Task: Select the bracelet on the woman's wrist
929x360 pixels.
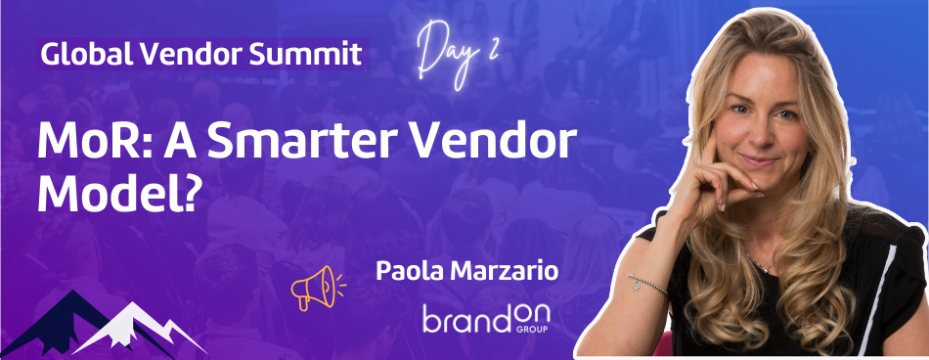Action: click(x=649, y=284)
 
